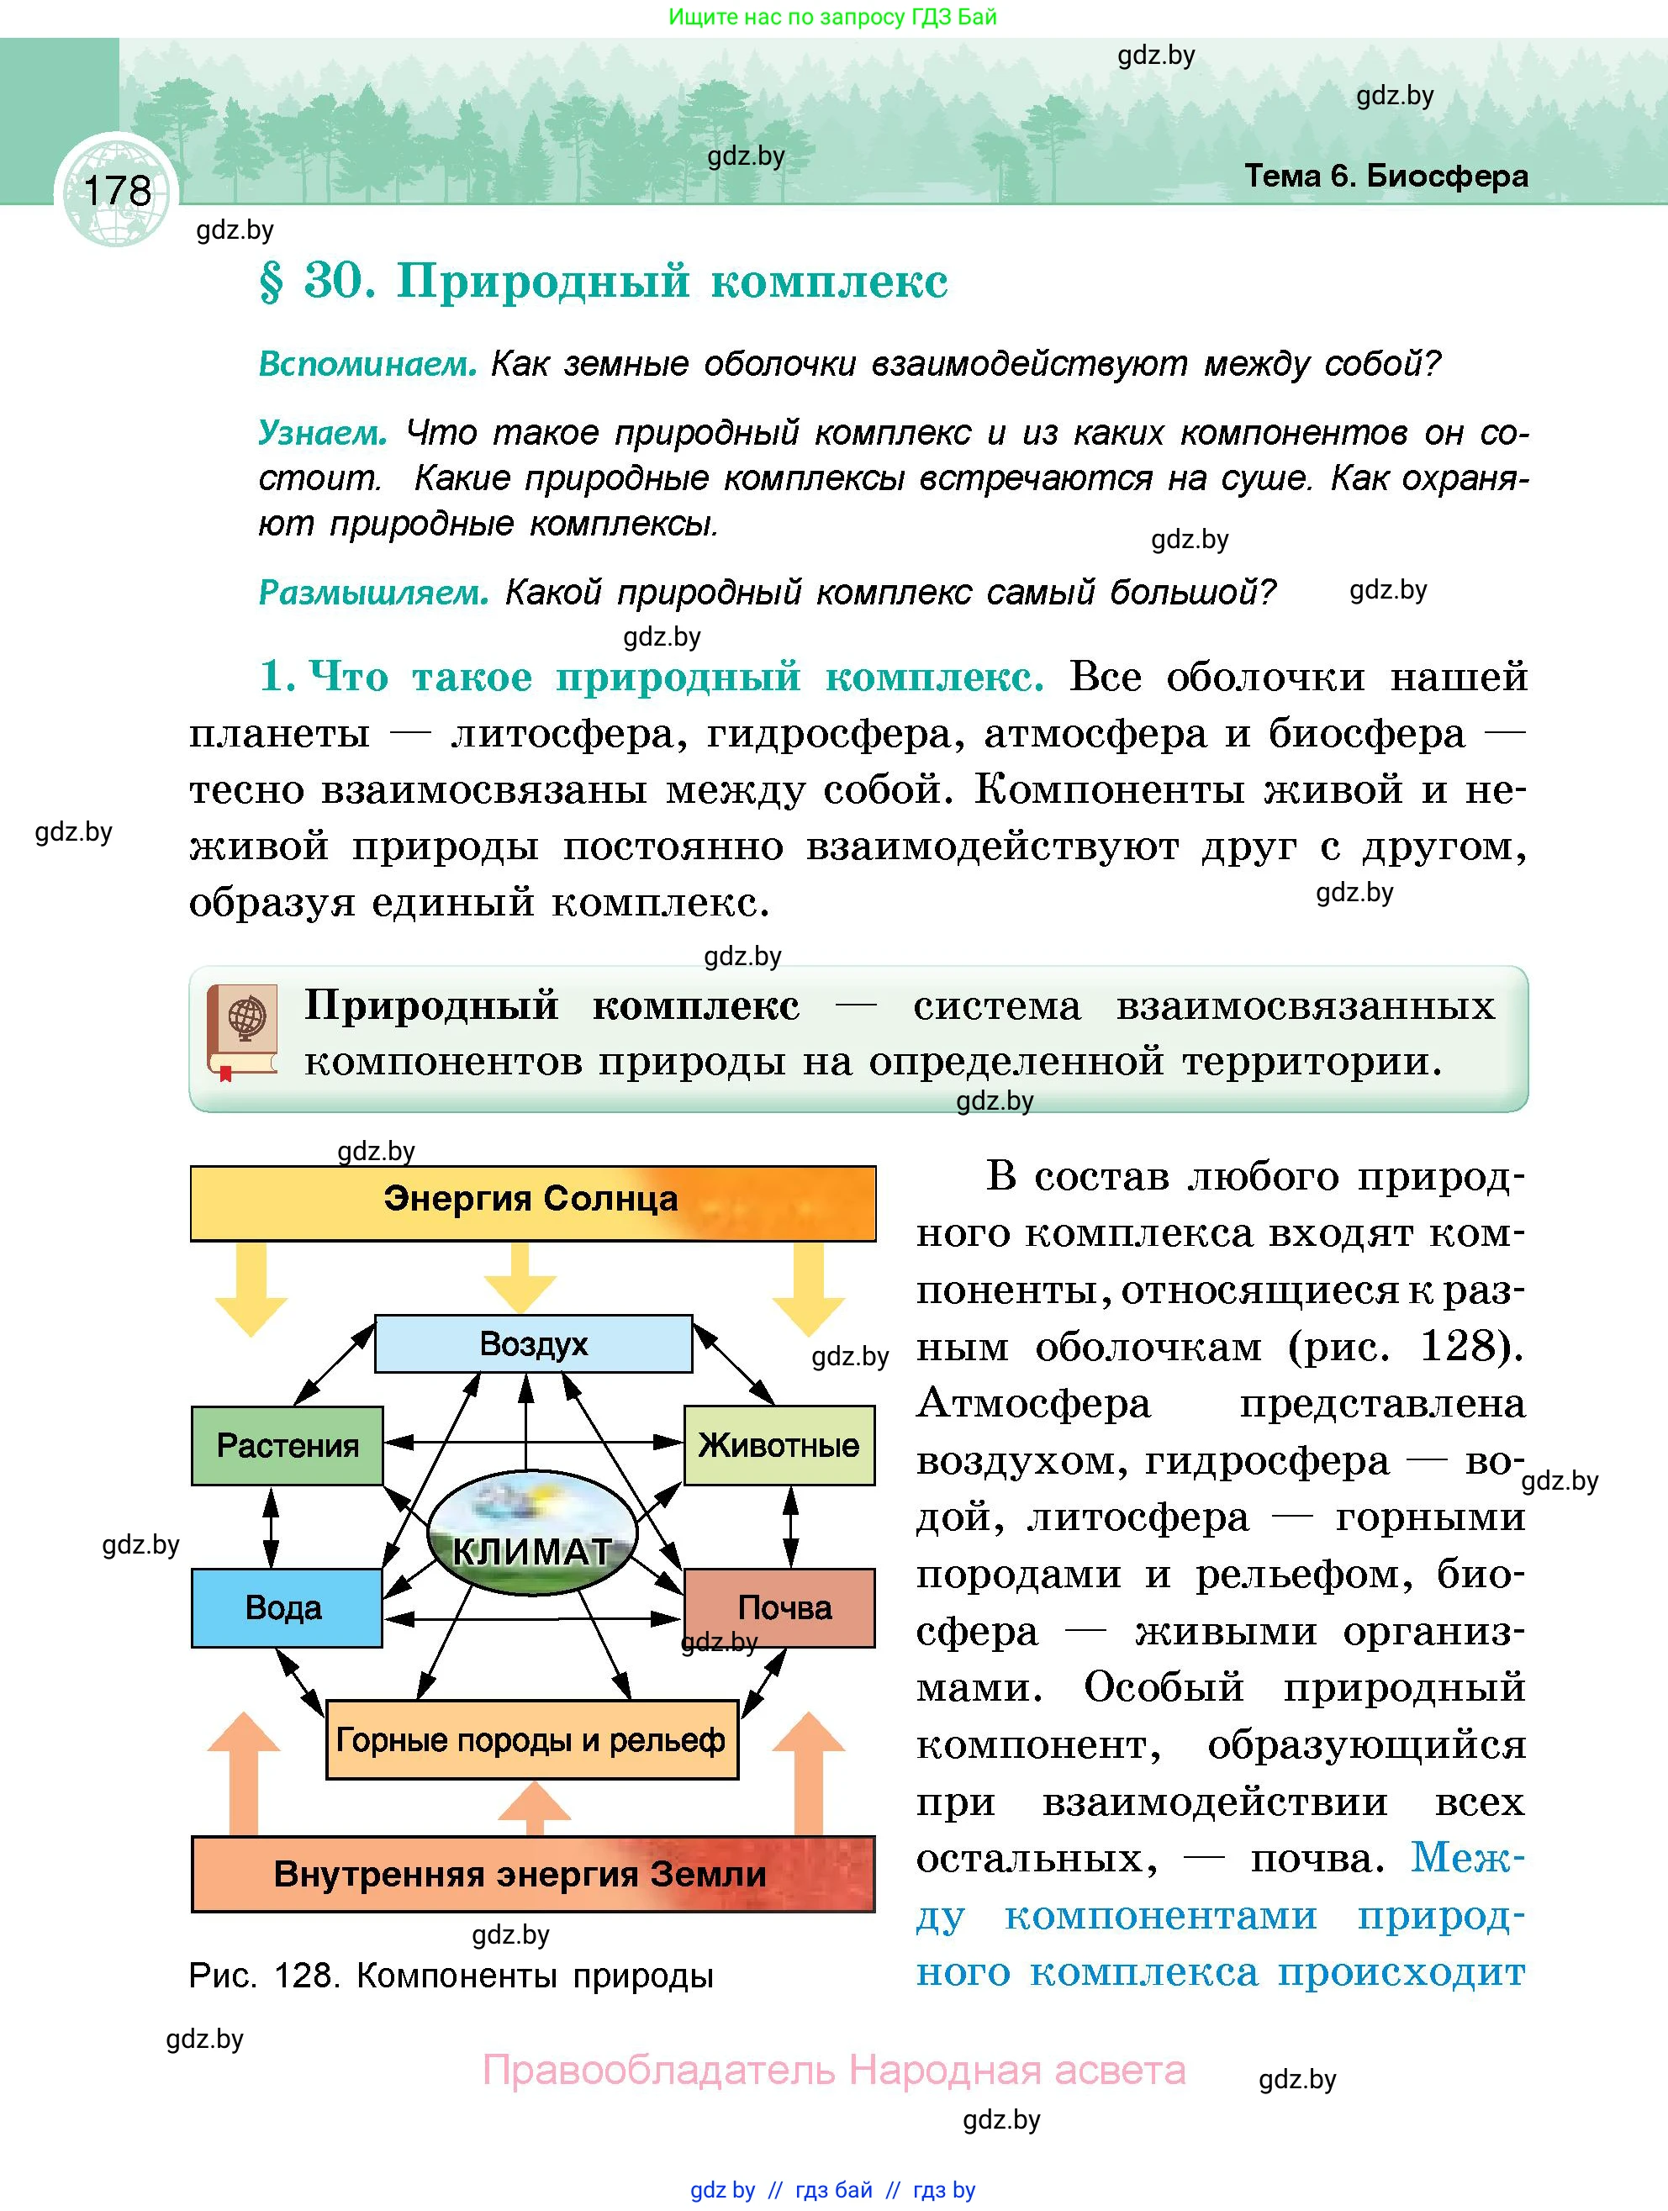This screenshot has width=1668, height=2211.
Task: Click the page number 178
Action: pyautogui.click(x=117, y=190)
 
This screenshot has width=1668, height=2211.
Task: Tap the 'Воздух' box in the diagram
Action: pyautogui.click(x=533, y=1343)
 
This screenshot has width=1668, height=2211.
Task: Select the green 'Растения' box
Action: pyautogui.click(x=287, y=1445)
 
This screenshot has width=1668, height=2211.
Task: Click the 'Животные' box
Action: pyautogui.click(x=779, y=1445)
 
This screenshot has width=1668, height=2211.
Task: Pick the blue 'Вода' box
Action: pyautogui.click(x=286, y=1607)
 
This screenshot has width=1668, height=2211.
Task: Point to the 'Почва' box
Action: pyautogui.click(x=783, y=1607)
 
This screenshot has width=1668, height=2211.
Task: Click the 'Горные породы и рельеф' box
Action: pyautogui.click(x=531, y=1740)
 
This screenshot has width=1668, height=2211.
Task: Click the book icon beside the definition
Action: pyautogui.click(x=243, y=1032)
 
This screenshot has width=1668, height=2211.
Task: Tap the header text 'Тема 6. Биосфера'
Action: pyautogui.click(x=1386, y=176)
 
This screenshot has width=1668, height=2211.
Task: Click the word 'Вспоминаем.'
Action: pyautogui.click(x=367, y=364)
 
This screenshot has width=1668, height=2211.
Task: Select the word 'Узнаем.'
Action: pyautogui.click(x=322, y=433)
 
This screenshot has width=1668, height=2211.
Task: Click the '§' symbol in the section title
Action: pyautogui.click(x=271, y=282)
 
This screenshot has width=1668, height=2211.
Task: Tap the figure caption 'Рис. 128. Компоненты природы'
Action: pyautogui.click(x=451, y=1976)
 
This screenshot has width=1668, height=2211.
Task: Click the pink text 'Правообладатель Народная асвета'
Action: pyautogui.click(x=833, y=2070)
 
